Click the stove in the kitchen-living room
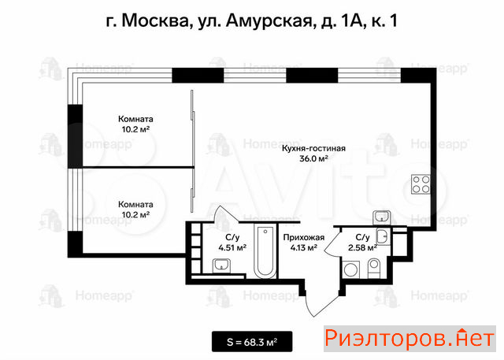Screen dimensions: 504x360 (421, 184)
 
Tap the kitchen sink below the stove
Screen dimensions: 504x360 (381, 217)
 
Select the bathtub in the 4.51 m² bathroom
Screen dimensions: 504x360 (265, 251)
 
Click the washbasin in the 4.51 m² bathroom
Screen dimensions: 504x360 (221, 266)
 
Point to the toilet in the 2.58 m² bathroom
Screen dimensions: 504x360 (374, 269)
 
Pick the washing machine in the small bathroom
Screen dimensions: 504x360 (351, 269)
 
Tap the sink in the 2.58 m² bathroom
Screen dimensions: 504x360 (383, 237)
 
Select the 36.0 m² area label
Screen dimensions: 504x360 (313, 158)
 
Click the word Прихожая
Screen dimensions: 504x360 (304, 238)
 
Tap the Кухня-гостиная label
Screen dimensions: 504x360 (313, 148)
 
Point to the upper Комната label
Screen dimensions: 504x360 (135, 119)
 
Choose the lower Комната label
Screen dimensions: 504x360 (135, 205)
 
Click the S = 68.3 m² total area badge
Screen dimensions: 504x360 (252, 342)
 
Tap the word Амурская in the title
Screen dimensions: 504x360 (269, 21)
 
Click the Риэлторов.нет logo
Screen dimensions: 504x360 (409, 339)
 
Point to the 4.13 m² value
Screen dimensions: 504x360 (304, 247)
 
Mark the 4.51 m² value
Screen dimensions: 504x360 (232, 248)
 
